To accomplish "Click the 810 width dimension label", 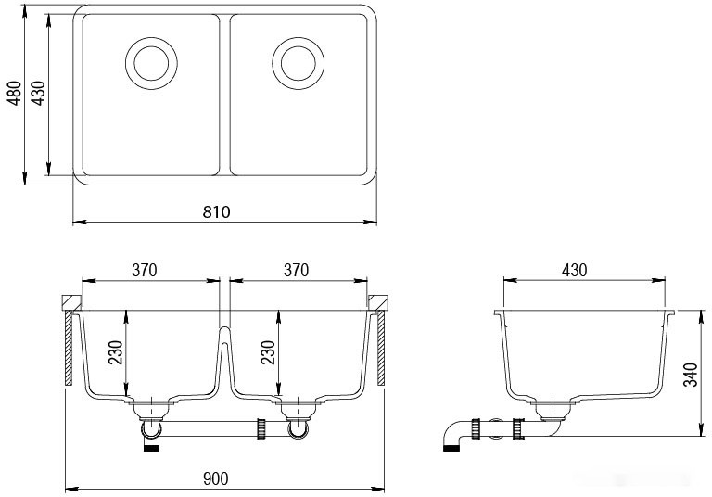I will [x=216, y=212].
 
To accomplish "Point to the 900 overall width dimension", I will [x=215, y=478].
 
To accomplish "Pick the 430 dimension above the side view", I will [x=575, y=270].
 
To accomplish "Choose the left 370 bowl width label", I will [x=144, y=270].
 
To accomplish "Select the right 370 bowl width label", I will [x=295, y=270].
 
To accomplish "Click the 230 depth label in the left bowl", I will [x=115, y=353].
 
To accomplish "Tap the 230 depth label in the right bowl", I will [x=268, y=353].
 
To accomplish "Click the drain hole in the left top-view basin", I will [x=151, y=62].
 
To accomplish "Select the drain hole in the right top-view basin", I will [x=299, y=62].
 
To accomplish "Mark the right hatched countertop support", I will [x=380, y=350].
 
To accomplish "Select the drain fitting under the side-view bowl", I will [x=552, y=408].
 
